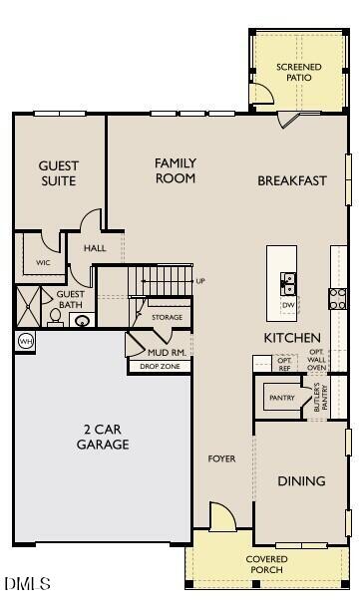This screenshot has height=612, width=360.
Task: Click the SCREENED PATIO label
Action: [299, 72]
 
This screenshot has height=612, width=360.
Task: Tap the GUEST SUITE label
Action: [58, 172]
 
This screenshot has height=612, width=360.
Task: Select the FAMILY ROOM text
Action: [175, 170]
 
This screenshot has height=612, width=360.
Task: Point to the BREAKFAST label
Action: [292, 180]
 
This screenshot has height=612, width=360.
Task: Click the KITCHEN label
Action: [292, 338]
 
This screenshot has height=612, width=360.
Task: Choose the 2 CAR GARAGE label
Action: [102, 438]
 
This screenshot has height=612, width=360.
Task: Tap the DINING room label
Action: [301, 481]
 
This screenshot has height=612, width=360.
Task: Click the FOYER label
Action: [221, 459]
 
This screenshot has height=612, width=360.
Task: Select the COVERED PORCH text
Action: [267, 564]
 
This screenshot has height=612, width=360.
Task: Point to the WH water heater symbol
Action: [26, 341]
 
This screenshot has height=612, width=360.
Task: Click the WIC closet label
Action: [43, 263]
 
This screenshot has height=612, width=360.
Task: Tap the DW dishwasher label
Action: [288, 304]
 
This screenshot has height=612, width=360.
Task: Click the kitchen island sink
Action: [288, 281]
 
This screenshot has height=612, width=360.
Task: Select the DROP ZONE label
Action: [160, 366]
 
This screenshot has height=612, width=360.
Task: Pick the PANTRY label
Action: [281, 398]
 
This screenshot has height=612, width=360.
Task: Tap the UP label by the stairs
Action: [200, 281]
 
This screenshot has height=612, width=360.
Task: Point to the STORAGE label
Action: [167, 317]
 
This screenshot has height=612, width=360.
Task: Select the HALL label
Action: [95, 248]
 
